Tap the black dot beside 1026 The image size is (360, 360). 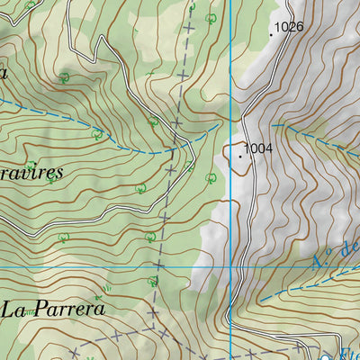click(271, 35)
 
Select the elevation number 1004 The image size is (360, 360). click(257, 148)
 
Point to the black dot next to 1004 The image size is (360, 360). click(240, 156)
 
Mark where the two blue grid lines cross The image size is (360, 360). click(230, 267)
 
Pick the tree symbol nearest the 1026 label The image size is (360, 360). click(211, 18)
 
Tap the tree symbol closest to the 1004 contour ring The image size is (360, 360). click(211, 177)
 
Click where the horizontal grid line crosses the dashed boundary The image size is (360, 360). click(157, 267)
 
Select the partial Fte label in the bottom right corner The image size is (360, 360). click(346, 354)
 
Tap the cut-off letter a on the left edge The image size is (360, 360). click(4, 72)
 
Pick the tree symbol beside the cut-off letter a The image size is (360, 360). click(64, 79)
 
